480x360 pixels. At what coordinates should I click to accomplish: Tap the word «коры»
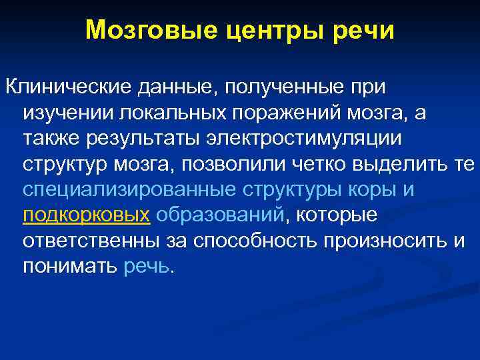click(x=373, y=189)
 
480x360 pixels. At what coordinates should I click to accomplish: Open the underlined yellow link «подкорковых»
click(x=86, y=215)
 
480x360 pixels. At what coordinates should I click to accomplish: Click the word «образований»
click(x=220, y=215)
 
